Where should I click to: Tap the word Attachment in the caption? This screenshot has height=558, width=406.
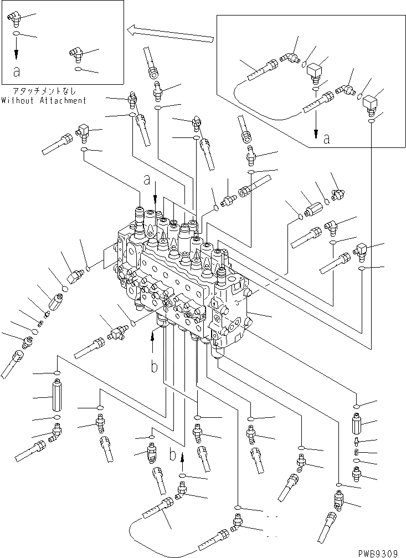click(64, 100)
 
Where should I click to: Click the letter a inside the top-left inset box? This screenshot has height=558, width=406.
click(17, 71)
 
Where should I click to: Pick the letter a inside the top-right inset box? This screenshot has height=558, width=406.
click(327, 140)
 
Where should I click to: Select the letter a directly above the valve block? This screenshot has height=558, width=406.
click(147, 180)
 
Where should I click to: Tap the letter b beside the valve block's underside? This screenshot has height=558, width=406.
click(156, 366)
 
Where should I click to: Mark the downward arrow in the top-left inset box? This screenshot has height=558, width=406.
click(17, 51)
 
